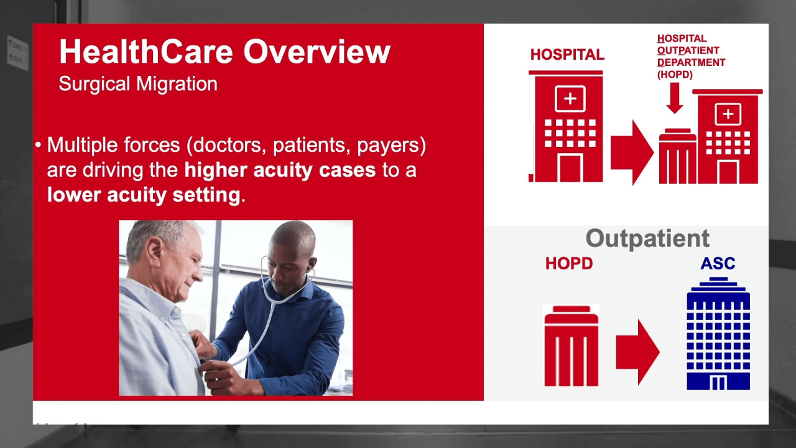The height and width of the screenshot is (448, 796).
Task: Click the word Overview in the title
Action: click(317, 52)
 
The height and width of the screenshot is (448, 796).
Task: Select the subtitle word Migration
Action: click(177, 85)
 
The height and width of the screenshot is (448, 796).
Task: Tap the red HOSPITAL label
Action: click(567, 55)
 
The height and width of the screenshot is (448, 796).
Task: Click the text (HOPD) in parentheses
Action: click(675, 75)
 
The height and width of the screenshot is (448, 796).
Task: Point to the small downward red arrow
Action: click(675, 98)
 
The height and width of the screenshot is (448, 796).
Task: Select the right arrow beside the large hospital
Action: click(632, 152)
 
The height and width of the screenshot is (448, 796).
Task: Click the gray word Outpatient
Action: click(647, 238)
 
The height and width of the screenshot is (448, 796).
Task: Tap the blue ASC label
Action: click(718, 263)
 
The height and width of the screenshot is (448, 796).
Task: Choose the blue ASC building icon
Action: click(718, 334)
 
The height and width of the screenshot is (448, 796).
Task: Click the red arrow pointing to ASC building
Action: click(638, 352)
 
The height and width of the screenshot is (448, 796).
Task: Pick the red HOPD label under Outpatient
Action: click(569, 263)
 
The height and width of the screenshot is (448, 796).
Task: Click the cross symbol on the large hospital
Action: click(570, 98)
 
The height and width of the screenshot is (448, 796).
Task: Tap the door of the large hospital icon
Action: click(570, 169)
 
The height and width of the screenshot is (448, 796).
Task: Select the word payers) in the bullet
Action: click(391, 146)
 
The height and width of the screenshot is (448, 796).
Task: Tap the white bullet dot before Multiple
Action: click(39, 145)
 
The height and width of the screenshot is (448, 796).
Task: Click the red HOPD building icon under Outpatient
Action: click(571, 345)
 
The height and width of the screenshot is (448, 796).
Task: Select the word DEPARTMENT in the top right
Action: click(691, 63)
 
